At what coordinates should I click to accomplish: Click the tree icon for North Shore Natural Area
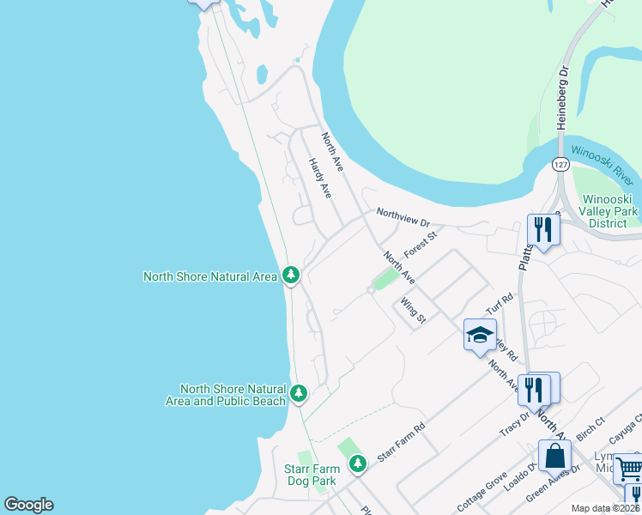coord(292,276)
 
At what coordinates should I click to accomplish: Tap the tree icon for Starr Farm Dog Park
coord(357,464)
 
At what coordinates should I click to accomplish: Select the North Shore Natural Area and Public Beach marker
coord(299,394)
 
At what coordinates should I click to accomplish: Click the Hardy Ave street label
coord(320,179)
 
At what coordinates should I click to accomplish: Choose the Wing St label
coord(413,310)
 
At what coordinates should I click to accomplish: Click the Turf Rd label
coord(499,301)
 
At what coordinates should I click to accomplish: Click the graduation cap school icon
coord(480,335)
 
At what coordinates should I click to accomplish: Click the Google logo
coord(28,505)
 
